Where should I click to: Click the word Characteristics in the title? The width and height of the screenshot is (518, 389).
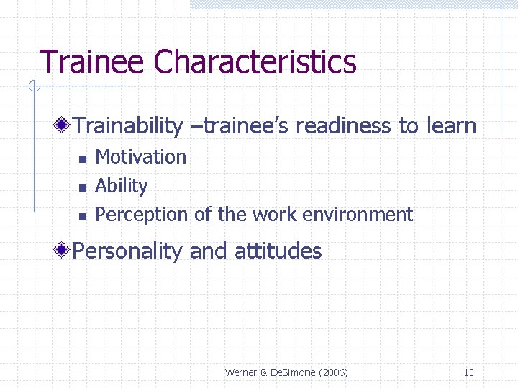coord(255,62)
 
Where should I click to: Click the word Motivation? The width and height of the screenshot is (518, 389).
coord(141,157)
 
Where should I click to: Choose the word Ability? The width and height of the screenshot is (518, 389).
coord(122,186)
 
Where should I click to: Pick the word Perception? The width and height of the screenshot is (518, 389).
coord(141,215)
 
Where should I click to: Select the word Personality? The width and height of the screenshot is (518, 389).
coord(129,251)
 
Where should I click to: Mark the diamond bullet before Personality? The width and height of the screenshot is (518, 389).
coord(63,251)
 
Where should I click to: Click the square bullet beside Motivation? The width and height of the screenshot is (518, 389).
coord(82,158)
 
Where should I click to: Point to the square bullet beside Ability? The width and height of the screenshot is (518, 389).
coord(82,187)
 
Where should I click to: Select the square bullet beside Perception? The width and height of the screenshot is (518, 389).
coord(82,216)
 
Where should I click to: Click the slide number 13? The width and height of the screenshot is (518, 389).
coord(468,372)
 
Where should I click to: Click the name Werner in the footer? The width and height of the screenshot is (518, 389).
coord(241,372)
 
